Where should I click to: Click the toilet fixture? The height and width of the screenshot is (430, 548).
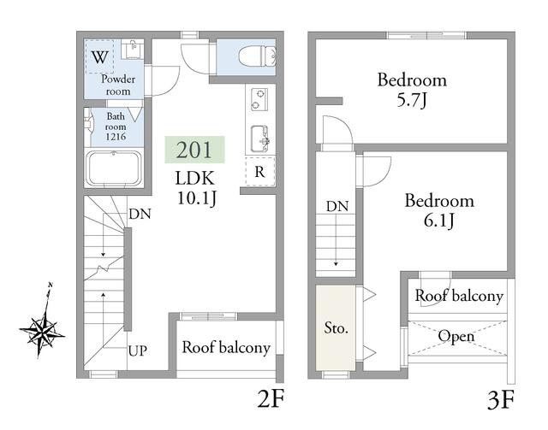(258, 56)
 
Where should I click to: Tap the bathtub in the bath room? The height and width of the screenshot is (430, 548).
(114, 168)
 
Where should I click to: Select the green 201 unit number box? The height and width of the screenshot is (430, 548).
(194, 150)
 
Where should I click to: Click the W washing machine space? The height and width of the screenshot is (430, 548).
(100, 56)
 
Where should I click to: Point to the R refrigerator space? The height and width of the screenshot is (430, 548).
(260, 171)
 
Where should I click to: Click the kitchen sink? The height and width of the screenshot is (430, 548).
(260, 138)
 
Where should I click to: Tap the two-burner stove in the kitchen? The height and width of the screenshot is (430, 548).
(259, 99)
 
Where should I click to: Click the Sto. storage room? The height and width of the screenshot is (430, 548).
(336, 327)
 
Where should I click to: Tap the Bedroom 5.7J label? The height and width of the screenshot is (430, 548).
(412, 90)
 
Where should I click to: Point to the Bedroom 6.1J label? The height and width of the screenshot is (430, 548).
(439, 210)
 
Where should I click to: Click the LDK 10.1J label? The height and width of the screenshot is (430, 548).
(195, 188)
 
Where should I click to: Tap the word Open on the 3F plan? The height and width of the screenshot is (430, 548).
(456, 337)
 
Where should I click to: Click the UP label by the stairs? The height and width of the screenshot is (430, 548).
(138, 350)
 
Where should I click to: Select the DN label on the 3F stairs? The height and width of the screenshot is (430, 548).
(337, 206)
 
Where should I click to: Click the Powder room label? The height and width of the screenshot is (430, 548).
(118, 85)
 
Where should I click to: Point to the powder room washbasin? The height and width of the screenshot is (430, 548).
(133, 49)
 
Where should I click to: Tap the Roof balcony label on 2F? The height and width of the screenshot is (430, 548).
(226, 348)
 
